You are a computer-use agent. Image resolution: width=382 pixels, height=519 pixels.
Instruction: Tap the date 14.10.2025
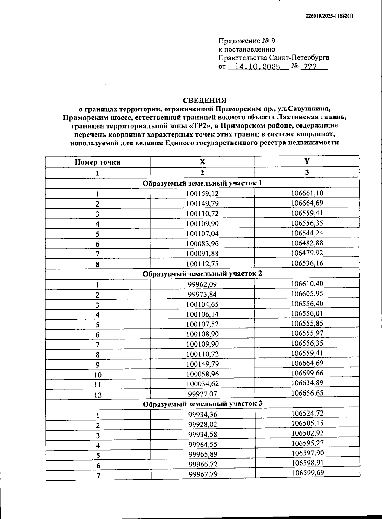point(257,67)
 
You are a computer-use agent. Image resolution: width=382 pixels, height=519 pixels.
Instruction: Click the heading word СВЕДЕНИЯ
point(205,101)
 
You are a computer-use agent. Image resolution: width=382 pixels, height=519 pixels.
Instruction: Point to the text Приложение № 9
point(246,41)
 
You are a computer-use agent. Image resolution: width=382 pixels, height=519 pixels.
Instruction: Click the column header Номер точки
point(97,162)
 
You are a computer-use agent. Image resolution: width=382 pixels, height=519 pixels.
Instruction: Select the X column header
point(202,161)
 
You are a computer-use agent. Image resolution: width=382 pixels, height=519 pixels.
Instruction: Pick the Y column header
point(307,161)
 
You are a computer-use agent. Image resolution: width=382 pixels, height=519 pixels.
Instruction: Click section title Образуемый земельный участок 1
point(202,183)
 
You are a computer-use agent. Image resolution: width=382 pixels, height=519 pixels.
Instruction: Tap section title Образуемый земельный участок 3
point(202,404)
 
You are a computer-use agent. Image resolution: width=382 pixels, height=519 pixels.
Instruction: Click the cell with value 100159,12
point(202,193)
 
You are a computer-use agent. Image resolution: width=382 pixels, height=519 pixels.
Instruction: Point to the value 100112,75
point(202,263)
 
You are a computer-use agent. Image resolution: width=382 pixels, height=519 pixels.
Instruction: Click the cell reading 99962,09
point(202,284)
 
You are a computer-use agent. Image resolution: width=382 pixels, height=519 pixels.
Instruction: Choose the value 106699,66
point(307,373)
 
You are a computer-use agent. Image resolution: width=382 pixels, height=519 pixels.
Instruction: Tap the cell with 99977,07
point(202,394)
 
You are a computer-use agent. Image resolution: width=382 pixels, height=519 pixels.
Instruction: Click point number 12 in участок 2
point(98,395)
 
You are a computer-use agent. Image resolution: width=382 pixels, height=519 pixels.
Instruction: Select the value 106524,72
point(307,413)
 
